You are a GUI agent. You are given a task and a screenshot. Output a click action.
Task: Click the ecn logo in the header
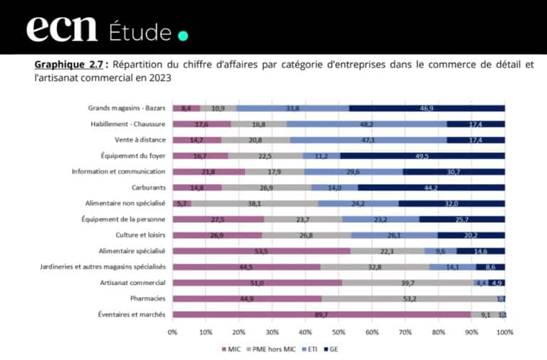click(x=62, y=30)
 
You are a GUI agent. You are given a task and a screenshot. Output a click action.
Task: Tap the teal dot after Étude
click(x=183, y=35)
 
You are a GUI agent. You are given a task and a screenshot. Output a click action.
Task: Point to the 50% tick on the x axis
click(x=339, y=331)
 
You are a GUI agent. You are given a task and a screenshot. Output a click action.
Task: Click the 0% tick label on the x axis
click(x=172, y=331)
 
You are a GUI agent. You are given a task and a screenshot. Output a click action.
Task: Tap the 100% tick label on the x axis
click(x=504, y=331)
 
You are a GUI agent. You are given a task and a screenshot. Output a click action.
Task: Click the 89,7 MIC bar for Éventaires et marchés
click(x=321, y=314)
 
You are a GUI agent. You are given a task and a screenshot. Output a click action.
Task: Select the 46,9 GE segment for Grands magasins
click(x=427, y=108)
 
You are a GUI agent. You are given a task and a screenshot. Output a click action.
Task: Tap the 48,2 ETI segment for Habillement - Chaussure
click(x=367, y=124)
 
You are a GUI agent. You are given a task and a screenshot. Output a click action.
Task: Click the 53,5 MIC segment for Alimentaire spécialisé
click(x=261, y=250)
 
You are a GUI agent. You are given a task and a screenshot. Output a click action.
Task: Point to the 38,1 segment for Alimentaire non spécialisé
click(x=254, y=203)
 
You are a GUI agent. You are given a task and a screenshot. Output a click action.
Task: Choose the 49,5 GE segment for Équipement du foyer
click(x=423, y=155)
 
